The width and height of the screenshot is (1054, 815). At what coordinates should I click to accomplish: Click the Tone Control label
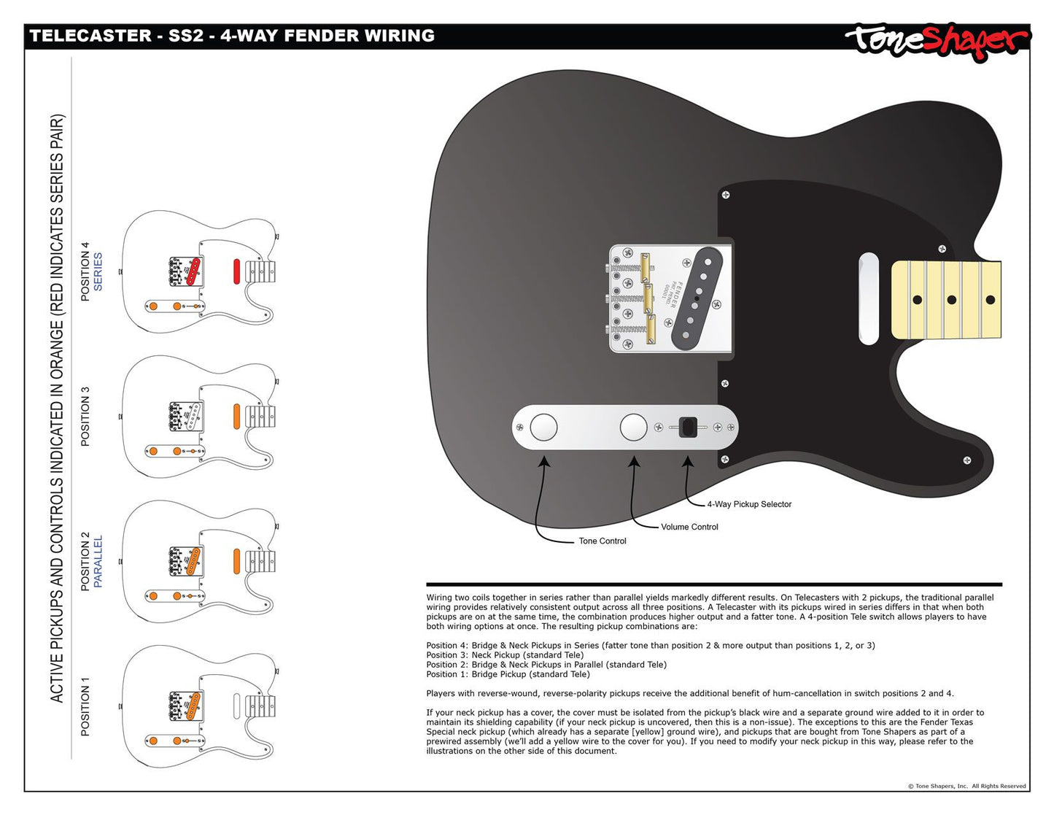pyautogui.click(x=602, y=541)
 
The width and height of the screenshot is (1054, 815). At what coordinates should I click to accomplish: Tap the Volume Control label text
pyautogui.click(x=689, y=527)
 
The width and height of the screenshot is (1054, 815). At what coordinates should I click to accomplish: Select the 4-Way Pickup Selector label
pyautogui.click(x=749, y=504)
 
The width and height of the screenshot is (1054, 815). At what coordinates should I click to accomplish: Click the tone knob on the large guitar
pyautogui.click(x=543, y=428)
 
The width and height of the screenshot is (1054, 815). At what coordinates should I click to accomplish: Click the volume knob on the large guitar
pyautogui.click(x=633, y=428)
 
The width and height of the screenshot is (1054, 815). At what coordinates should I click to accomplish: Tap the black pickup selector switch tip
pyautogui.click(x=688, y=427)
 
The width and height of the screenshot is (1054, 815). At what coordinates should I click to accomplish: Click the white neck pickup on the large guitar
pyautogui.click(x=868, y=298)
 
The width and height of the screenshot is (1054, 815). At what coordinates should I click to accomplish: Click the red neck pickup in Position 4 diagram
pyautogui.click(x=237, y=271)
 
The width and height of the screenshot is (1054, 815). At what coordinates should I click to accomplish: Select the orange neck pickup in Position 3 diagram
pyautogui.click(x=237, y=416)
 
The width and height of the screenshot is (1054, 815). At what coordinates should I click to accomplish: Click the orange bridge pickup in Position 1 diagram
pyautogui.click(x=193, y=705)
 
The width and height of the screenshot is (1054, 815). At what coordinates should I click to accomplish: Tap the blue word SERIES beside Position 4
pyautogui.click(x=98, y=271)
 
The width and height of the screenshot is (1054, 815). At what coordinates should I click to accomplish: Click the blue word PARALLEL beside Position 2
pyautogui.click(x=98, y=561)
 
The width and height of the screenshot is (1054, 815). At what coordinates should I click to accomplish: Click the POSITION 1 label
pyautogui.click(x=85, y=706)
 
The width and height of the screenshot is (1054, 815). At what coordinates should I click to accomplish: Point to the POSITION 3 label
pyautogui.click(x=85, y=417)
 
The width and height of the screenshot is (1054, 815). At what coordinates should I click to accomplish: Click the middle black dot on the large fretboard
pyautogui.click(x=951, y=300)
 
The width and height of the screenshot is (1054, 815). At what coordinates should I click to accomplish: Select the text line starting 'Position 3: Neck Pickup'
pyautogui.click(x=505, y=655)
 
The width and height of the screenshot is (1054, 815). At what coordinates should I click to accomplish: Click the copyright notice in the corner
pyautogui.click(x=966, y=786)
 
